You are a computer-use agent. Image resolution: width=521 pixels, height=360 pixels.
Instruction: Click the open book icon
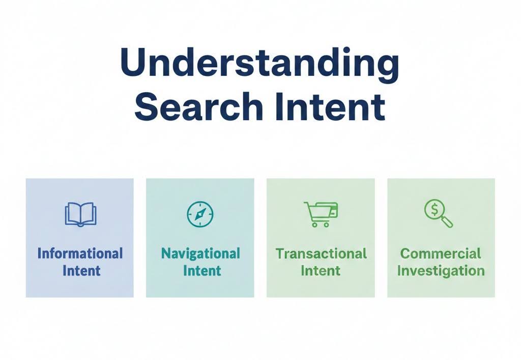click(x=80, y=214)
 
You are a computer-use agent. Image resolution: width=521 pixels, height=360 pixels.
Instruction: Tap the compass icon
click(x=200, y=214)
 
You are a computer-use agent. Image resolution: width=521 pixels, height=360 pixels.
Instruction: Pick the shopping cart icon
click(x=321, y=214)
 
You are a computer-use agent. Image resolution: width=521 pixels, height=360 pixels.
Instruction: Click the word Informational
click(x=80, y=254)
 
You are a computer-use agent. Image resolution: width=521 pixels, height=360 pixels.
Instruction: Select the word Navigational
click(x=200, y=254)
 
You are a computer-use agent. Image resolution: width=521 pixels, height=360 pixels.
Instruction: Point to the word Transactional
click(x=321, y=254)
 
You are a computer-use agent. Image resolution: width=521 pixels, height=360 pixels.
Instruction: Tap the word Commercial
click(x=441, y=254)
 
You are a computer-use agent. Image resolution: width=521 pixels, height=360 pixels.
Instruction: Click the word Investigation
click(x=441, y=270)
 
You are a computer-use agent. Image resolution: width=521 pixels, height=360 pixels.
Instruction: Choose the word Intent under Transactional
click(x=321, y=270)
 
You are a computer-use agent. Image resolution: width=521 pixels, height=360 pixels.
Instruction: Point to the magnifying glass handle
click(x=447, y=222)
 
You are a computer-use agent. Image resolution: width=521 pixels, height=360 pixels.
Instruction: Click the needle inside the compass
click(x=200, y=214)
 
